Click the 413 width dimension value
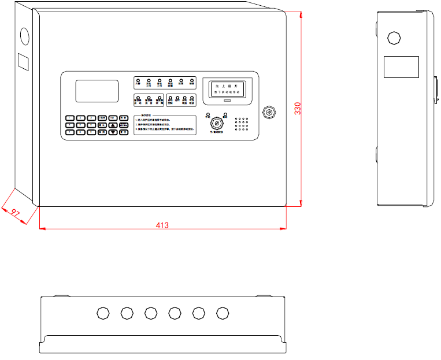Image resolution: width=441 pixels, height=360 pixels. click(162, 225)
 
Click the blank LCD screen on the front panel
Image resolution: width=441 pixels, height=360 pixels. click(97, 91)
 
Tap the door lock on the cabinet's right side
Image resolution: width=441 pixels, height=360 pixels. click(268, 111)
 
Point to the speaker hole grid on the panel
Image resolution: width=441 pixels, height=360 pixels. click(241, 124)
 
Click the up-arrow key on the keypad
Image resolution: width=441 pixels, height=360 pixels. click(113, 124)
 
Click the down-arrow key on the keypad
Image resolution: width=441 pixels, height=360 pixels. click(113, 132)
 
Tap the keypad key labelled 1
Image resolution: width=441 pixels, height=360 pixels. click(70, 117)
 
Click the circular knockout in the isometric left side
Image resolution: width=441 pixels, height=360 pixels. click(24, 36)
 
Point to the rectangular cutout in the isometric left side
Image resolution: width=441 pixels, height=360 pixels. click(23, 62)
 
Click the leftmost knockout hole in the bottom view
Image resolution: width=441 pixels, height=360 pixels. click(103, 313)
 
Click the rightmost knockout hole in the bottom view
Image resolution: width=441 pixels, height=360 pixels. click(223, 313)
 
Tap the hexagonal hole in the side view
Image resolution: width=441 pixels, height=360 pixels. click(394, 38)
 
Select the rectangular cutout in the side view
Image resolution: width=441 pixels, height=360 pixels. click(401, 66)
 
